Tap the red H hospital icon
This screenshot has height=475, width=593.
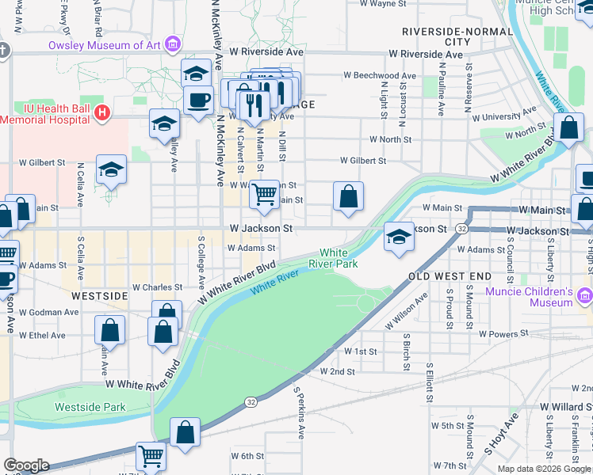pos(101,113)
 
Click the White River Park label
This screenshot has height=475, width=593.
pos(339,258)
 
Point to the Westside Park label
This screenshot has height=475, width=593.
pos(90,407)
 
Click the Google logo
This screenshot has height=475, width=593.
pos(25,465)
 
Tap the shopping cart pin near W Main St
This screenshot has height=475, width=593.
pos(264,193)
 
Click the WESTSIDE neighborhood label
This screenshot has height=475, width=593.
pos(99,295)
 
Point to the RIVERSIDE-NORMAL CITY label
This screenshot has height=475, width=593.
pos(442,36)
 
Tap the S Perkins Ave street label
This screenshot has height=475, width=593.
pos(299,412)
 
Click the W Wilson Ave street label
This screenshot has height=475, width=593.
pos(407,310)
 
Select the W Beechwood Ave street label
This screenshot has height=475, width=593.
pos(380,76)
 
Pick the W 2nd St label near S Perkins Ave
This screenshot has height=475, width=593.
pos(338,370)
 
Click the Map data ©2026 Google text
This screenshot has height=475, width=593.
pos(543,469)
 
